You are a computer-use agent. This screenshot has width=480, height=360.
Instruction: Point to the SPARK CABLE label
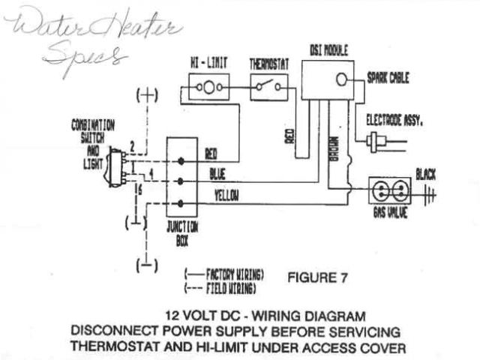[x=388, y=78]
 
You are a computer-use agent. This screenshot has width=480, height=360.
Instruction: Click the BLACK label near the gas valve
[x=425, y=175]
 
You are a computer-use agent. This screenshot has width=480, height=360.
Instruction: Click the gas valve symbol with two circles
[x=391, y=190]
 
